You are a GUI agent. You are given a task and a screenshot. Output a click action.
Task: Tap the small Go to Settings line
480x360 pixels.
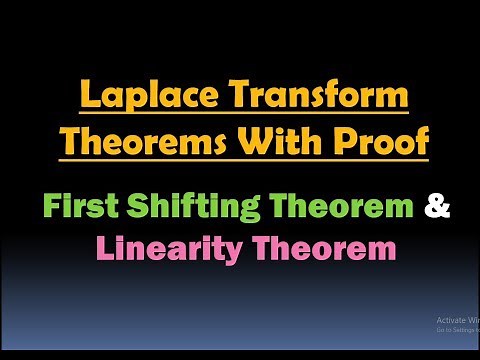pos(456,329)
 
